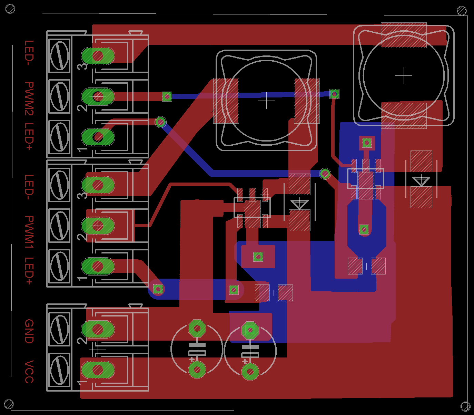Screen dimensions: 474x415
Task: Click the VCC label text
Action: coord(29,372)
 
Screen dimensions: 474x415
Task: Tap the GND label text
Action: coord(29,331)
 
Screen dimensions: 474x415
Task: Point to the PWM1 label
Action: coord(29,232)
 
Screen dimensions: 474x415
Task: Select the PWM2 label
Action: coord(29,98)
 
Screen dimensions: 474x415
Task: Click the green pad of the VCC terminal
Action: coord(98,370)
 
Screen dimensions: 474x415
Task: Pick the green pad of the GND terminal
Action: coord(98,329)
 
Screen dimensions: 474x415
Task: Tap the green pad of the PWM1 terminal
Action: coord(98,226)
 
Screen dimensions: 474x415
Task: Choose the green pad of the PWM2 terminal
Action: coord(98,96)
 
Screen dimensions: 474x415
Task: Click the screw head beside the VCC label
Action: coord(59,370)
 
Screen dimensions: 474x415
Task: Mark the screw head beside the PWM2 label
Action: coord(59,96)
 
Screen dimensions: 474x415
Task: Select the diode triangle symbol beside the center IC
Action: coord(299,204)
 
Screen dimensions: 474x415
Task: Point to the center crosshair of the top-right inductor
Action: coord(404,76)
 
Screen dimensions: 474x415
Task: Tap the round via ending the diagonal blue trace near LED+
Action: coord(160,122)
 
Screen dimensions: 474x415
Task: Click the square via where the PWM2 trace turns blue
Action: coord(167,96)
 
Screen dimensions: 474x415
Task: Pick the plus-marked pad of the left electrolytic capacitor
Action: coord(197,370)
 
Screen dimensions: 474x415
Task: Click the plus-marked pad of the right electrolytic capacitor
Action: coord(250,372)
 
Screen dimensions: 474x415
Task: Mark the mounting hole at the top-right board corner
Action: coord(462,11)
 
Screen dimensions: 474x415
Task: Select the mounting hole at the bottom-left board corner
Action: coord(9,404)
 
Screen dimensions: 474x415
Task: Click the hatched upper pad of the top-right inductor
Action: coord(404,35)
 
